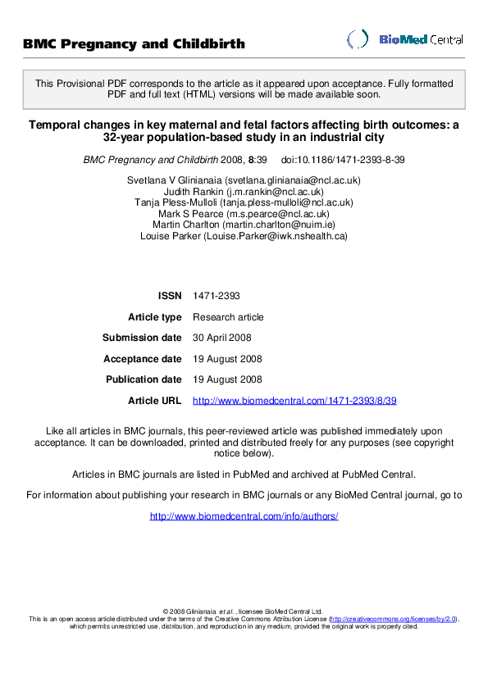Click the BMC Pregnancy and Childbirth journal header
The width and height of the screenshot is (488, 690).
point(134,43)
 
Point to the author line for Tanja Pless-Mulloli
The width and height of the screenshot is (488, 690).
point(244,202)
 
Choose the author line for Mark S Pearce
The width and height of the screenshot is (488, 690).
point(244,213)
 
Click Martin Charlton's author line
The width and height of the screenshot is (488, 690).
point(244,225)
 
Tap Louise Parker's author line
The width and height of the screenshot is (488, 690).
point(244,236)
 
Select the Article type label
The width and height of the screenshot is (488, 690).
point(155,317)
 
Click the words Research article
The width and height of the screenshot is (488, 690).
point(228,317)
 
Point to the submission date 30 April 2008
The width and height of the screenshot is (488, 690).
point(222,338)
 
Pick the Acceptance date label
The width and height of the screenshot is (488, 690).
point(143,359)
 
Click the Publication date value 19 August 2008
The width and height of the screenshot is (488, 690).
point(227,379)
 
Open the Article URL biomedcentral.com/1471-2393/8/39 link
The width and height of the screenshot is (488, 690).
point(294,401)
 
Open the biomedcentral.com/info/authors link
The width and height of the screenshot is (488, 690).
point(244,516)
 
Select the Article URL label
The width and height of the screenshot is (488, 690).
point(155,401)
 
